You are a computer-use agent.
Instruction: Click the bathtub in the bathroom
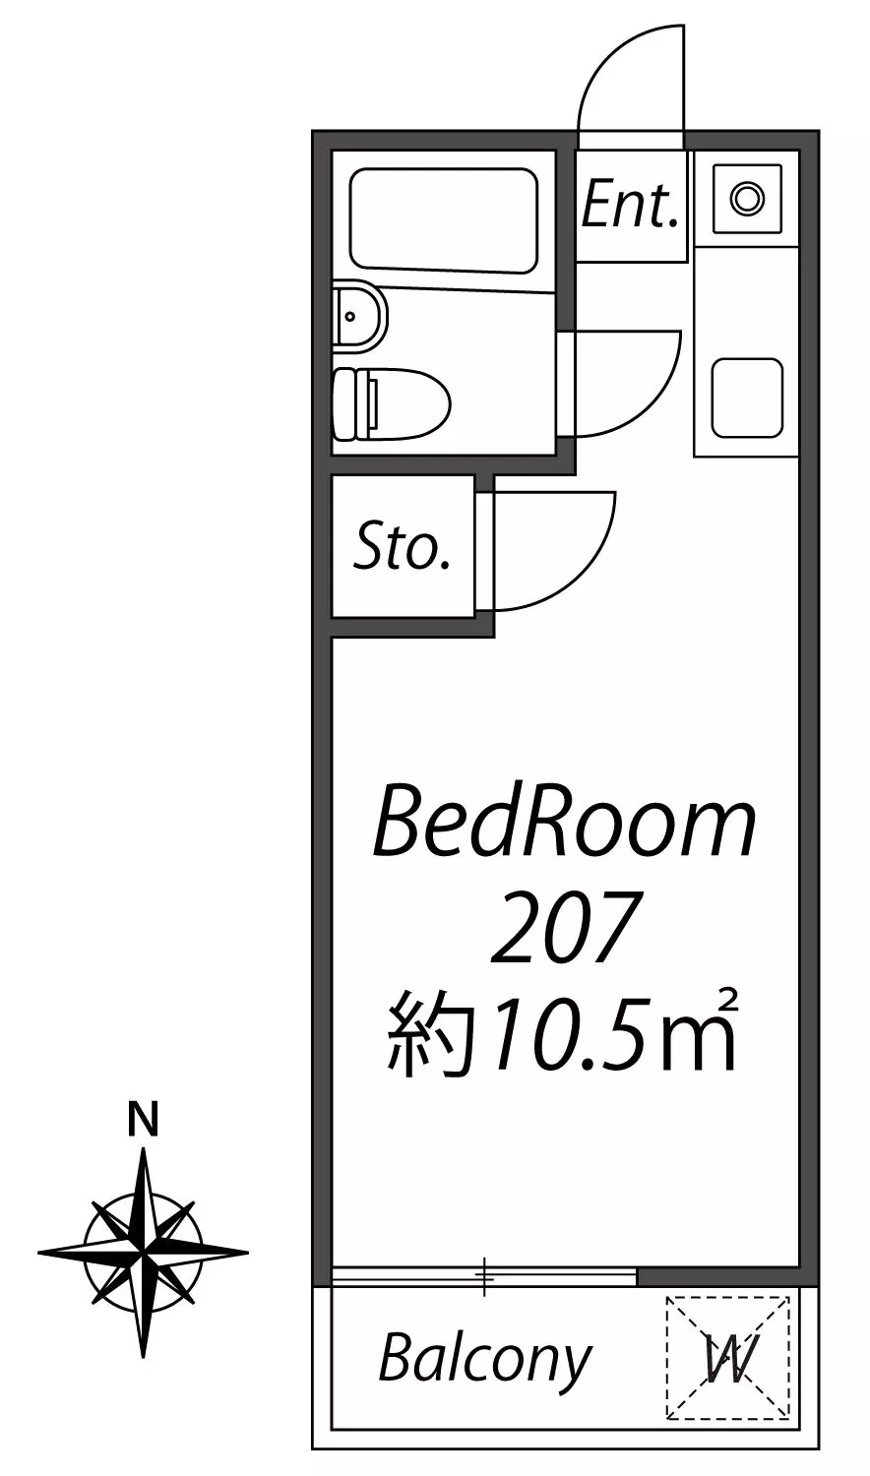click(x=444, y=219)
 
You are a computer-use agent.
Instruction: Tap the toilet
click(x=391, y=403)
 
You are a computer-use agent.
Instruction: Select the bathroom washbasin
click(x=360, y=316)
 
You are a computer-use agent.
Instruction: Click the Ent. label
click(x=630, y=204)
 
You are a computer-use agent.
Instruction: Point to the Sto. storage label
click(x=403, y=547)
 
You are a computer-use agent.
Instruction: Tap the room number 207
click(x=566, y=926)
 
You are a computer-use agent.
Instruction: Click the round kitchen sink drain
click(x=747, y=198)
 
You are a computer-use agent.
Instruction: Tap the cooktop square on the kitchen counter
click(x=747, y=398)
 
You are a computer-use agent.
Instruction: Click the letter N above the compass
click(x=144, y=1120)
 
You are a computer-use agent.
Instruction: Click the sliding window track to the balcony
click(x=484, y=1276)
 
